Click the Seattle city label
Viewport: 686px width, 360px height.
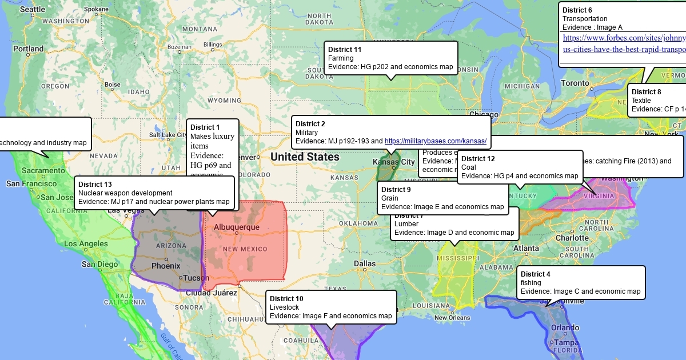pyautogui.click(x=32, y=10)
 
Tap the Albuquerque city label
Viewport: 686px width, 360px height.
pyautogui.click(x=236, y=227)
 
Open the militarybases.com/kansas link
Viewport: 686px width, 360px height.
pyautogui.click(x=435, y=141)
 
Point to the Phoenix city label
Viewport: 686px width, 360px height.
pyautogui.click(x=165, y=266)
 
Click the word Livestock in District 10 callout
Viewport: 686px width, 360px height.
pyautogui.click(x=284, y=307)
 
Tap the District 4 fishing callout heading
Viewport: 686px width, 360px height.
pyautogui.click(x=536, y=274)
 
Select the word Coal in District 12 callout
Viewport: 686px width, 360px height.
pyautogui.click(x=469, y=167)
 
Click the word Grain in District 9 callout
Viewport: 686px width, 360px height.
pyautogui.click(x=390, y=198)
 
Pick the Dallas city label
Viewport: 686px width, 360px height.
pyautogui.click(x=365, y=263)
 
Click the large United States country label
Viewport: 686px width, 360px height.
pyautogui.click(x=305, y=157)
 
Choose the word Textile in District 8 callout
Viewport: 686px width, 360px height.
pyautogui.click(x=641, y=101)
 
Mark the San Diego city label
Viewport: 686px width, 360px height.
pyautogui.click(x=100, y=264)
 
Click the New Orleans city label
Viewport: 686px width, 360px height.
pyautogui.click(x=452, y=318)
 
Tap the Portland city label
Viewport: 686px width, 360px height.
pyautogui.click(x=29, y=49)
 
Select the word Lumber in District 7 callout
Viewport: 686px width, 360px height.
pyautogui.click(x=406, y=224)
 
